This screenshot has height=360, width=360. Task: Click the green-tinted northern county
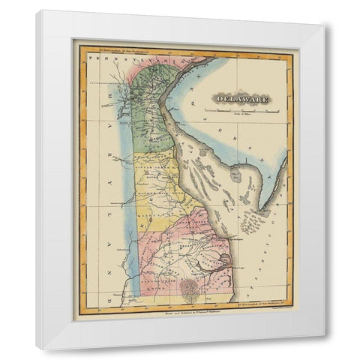click(x=154, y=112)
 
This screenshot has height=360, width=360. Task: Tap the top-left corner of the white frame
click(x=37, y=12)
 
